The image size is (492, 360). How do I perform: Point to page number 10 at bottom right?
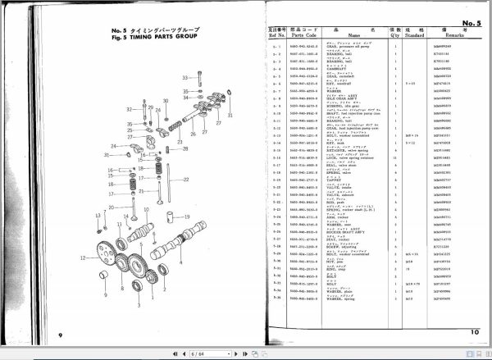click(x=472, y=331)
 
